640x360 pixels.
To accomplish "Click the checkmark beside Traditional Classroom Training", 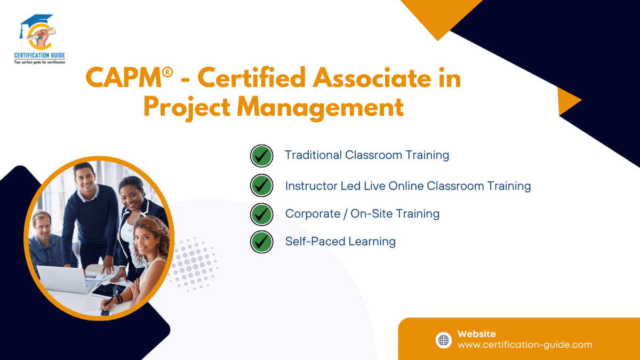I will pyautogui.click(x=261, y=156).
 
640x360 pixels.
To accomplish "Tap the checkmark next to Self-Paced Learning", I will pyautogui.click(x=261, y=242).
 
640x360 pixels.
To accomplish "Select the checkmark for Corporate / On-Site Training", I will pyautogui.click(x=261, y=214).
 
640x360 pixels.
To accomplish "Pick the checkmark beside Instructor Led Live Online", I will pyautogui.click(x=261, y=186).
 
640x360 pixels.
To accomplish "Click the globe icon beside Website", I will pyautogui.click(x=444, y=340).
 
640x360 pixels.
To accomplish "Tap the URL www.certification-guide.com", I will pyautogui.click(x=524, y=345).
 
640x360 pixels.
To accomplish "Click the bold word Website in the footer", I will pyautogui.click(x=476, y=334).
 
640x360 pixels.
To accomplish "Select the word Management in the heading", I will pyautogui.click(x=320, y=107).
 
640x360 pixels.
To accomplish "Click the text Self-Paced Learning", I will pyautogui.click(x=340, y=242).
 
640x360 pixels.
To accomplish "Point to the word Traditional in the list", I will pyautogui.click(x=313, y=155).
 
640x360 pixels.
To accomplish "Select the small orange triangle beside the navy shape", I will pyautogui.click(x=567, y=101).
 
